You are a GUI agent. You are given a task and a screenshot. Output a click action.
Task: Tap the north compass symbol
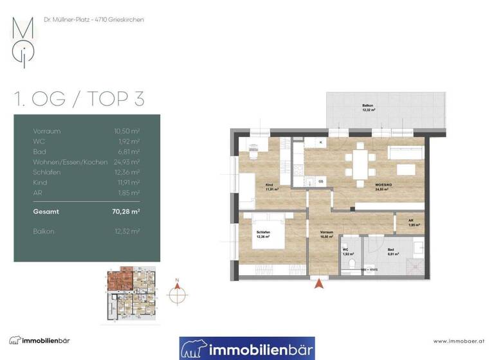pyautogui.click(x=178, y=293)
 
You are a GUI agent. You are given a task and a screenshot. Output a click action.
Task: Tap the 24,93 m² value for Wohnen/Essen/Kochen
pyautogui.click(x=127, y=161)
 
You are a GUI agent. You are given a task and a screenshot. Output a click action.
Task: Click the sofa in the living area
pyautogui.click(x=405, y=152)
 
